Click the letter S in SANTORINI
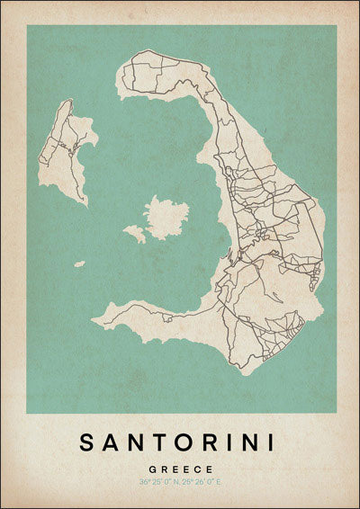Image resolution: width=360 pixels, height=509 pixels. tap(87, 442)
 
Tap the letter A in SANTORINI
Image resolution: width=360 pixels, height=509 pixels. tap(112, 442)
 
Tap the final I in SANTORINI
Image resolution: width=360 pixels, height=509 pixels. tap(274, 442)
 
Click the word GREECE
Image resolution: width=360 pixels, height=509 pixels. tap(180, 469)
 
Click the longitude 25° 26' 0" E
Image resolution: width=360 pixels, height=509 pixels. tap(202, 482)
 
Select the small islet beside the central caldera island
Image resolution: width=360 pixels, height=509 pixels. tap(135, 234)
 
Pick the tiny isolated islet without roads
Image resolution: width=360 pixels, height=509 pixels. tap(79, 263)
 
